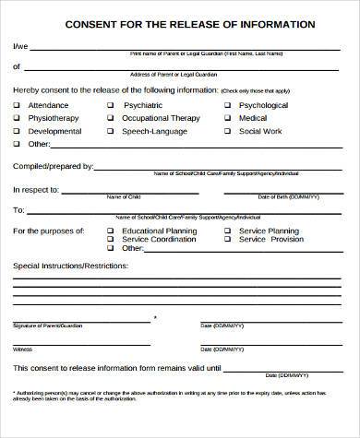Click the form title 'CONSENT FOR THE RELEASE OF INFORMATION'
179,24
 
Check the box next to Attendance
18,105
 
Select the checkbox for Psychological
228,105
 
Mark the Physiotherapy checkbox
18,118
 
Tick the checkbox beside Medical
228,118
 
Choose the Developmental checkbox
18,131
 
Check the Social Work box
228,131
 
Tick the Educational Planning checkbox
111,230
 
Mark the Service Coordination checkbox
111,239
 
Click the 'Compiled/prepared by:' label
53,166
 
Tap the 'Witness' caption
23,349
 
